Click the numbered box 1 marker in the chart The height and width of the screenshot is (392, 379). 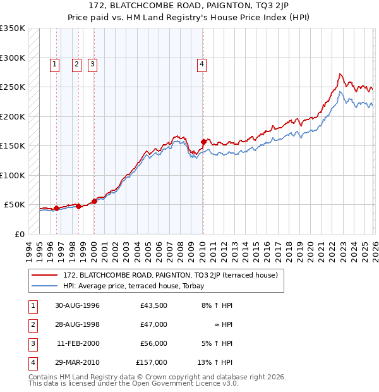pyautogui.click(x=55, y=63)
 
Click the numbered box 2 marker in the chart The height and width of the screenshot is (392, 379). pyautogui.click(x=76, y=63)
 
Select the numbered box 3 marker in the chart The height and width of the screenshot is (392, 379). pyautogui.click(x=92, y=63)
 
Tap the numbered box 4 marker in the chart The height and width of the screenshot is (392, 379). pyautogui.click(x=202, y=63)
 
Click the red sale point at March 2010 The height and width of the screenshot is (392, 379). pyautogui.click(x=203, y=142)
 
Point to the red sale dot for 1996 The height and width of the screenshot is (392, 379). pyautogui.click(x=56, y=208)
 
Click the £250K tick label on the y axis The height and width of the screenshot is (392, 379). pyautogui.click(x=13, y=87)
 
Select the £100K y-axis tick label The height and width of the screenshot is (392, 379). pyautogui.click(x=13, y=175)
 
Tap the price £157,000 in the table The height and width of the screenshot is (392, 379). pyautogui.click(x=152, y=362)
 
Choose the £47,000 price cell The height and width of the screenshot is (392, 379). pyautogui.click(x=154, y=324)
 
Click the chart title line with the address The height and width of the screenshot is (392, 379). pyautogui.click(x=189, y=8)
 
